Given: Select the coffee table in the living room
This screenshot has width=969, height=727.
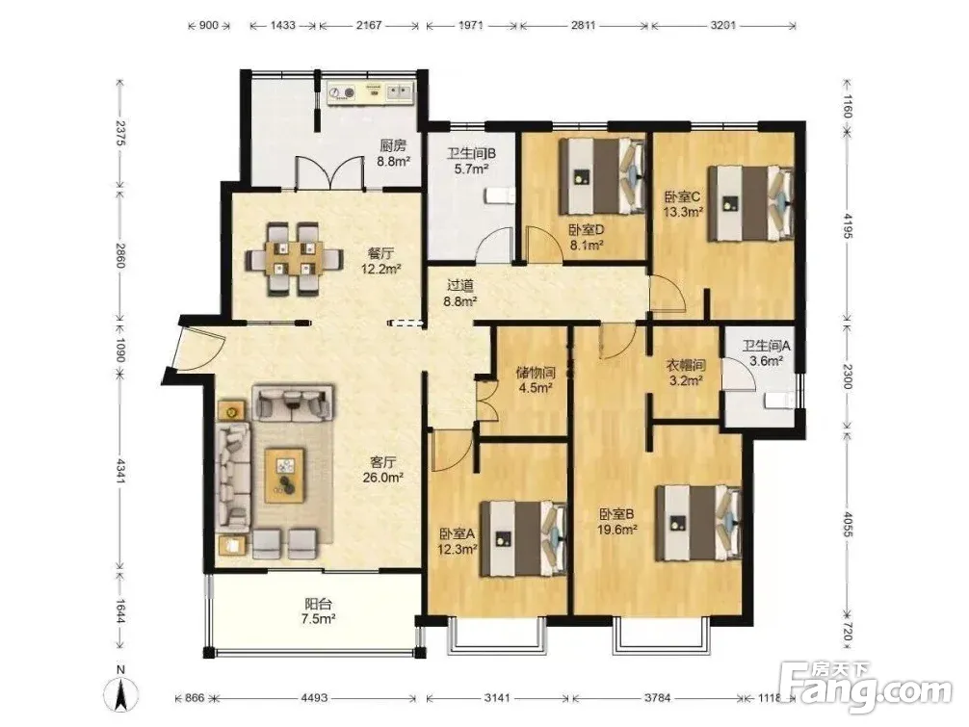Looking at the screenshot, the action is pos(285,475).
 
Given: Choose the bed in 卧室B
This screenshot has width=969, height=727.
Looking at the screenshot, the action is pos(698,523).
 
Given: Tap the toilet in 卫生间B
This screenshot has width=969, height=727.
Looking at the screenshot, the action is pos(499,195).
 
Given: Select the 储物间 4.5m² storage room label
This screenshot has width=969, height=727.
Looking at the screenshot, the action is pos(536,380).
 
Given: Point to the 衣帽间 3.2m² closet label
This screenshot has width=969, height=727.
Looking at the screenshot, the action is pos(686,373).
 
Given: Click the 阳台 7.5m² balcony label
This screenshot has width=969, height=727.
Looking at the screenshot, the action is pos(318,611).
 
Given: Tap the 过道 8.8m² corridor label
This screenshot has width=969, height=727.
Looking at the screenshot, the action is pos(461,294).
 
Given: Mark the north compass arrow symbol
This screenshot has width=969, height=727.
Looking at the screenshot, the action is pos(121,694).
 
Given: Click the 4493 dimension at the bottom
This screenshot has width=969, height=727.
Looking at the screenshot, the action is pos(314,698).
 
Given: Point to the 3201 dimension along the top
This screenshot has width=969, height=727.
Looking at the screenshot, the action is pos(723,25).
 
